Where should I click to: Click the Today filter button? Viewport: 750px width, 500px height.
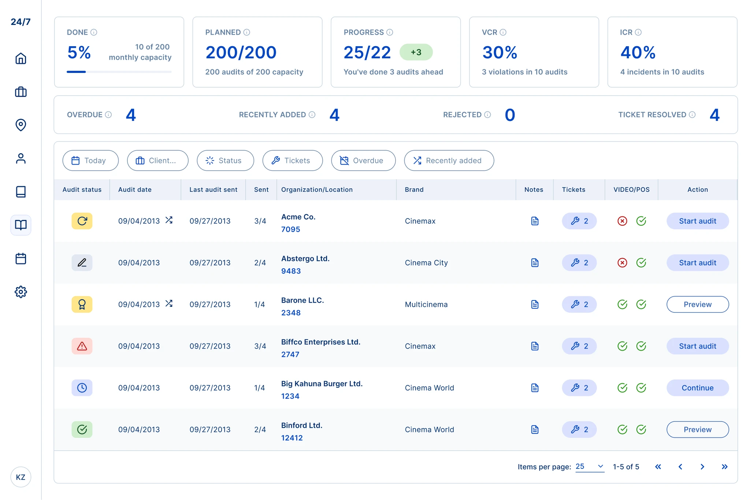coord(90,161)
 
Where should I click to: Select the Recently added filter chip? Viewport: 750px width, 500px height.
coord(449,161)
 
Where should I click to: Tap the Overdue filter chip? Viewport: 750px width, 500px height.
coord(363,161)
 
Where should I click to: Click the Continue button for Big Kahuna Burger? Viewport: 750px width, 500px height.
coord(698,388)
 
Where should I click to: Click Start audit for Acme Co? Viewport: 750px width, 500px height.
coord(698,221)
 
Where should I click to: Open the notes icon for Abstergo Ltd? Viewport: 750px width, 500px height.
coord(535,263)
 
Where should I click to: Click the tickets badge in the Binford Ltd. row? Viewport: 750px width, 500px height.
coord(579,430)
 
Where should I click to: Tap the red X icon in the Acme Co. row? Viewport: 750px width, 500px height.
coord(622,221)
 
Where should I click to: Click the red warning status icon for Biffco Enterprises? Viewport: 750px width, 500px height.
coord(82,346)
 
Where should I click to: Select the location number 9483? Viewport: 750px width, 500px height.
coord(291,271)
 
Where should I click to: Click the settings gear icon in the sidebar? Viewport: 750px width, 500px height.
coord(21,292)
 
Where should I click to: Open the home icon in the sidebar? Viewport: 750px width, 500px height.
coord(21,58)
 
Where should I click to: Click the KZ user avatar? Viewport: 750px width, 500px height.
coord(21,477)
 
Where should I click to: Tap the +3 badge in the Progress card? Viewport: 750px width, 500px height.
coord(416,52)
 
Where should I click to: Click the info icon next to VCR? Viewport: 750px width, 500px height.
coord(503,32)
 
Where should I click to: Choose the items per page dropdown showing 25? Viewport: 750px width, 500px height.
coord(590,467)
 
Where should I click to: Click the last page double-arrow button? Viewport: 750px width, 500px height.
coord(724,467)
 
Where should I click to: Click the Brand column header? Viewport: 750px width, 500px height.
coord(414,190)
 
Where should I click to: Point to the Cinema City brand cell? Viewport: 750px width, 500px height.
coord(426,263)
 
